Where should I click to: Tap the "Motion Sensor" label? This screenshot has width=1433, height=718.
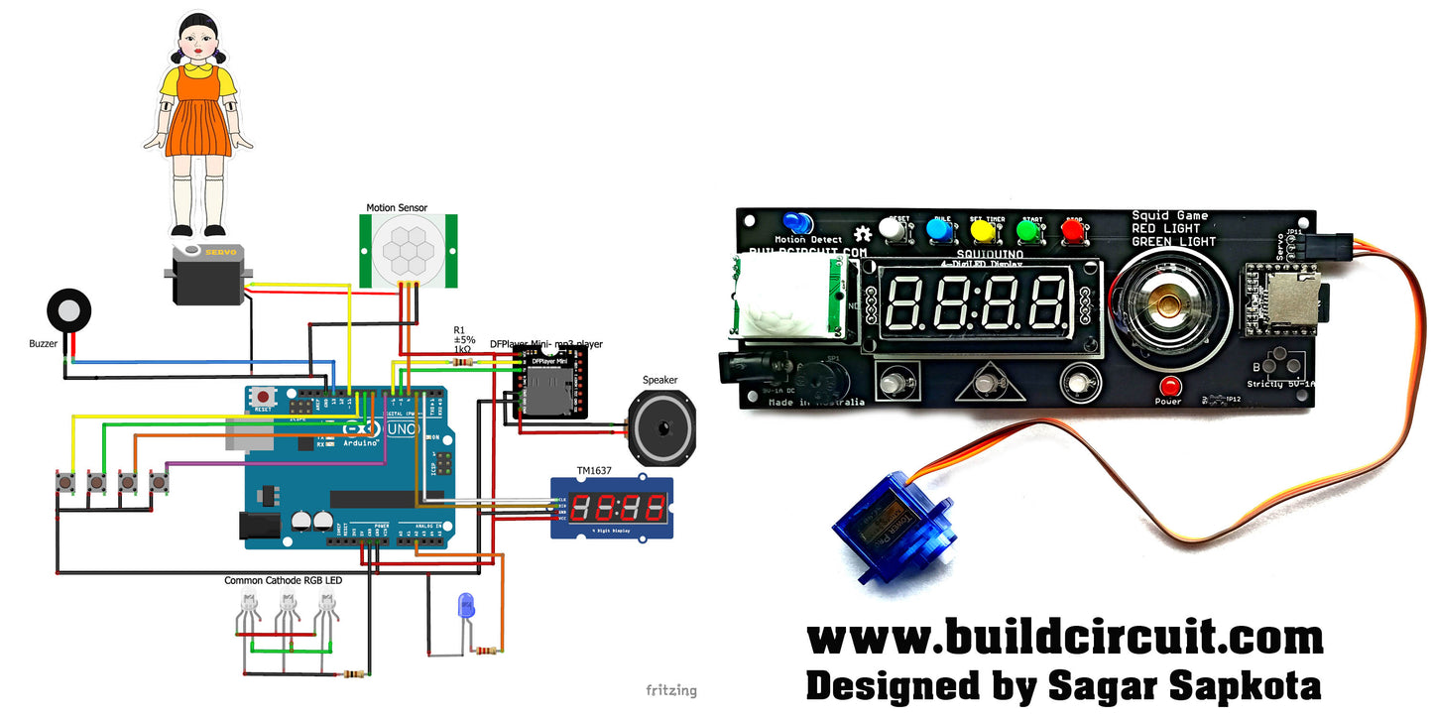coord(397,207)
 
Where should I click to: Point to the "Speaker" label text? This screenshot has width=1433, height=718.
coord(660,380)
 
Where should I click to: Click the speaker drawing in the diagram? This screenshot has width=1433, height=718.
coord(661,427)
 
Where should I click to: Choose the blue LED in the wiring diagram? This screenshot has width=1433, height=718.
coord(465,606)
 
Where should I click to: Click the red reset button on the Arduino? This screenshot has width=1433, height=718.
coord(264,395)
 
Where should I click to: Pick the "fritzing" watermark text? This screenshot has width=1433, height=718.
coord(671,690)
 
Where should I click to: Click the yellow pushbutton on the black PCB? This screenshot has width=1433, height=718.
coord(983,230)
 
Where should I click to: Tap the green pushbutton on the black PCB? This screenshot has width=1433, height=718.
coord(1028,231)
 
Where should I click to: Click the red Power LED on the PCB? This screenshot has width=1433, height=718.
coord(1169,386)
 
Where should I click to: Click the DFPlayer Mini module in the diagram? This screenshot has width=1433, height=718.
coord(542,387)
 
